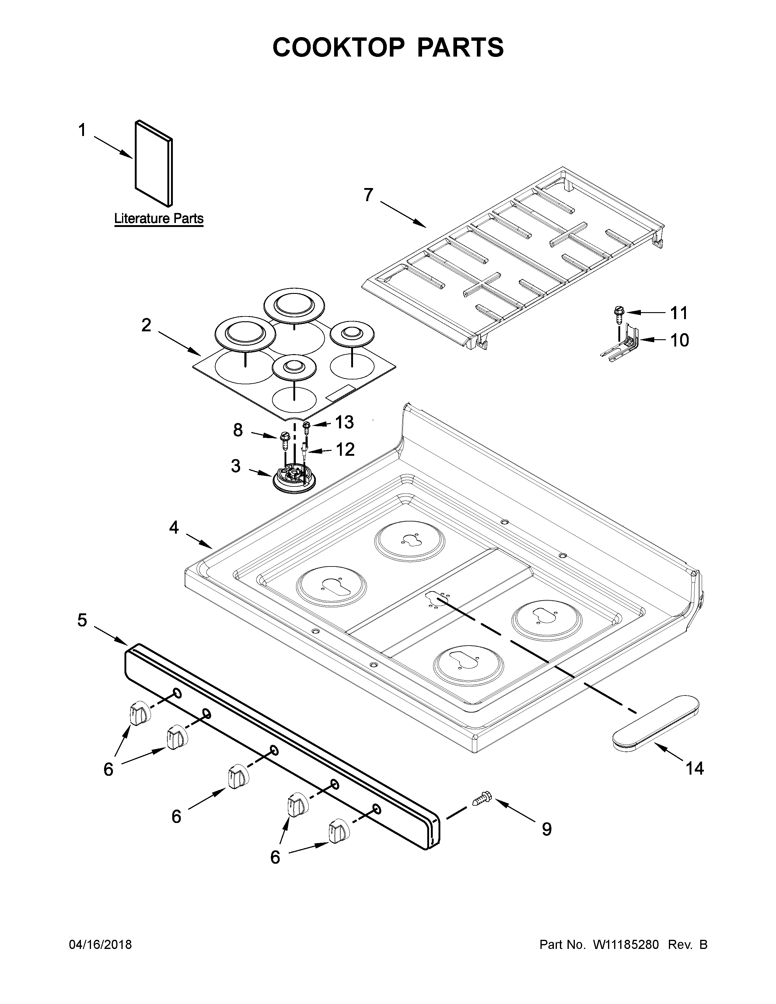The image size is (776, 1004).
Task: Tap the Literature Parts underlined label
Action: (x=159, y=218)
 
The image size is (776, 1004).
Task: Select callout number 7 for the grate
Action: (x=368, y=195)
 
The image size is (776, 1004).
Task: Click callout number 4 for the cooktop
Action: (x=174, y=527)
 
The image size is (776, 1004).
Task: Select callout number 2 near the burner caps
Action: (x=146, y=326)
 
